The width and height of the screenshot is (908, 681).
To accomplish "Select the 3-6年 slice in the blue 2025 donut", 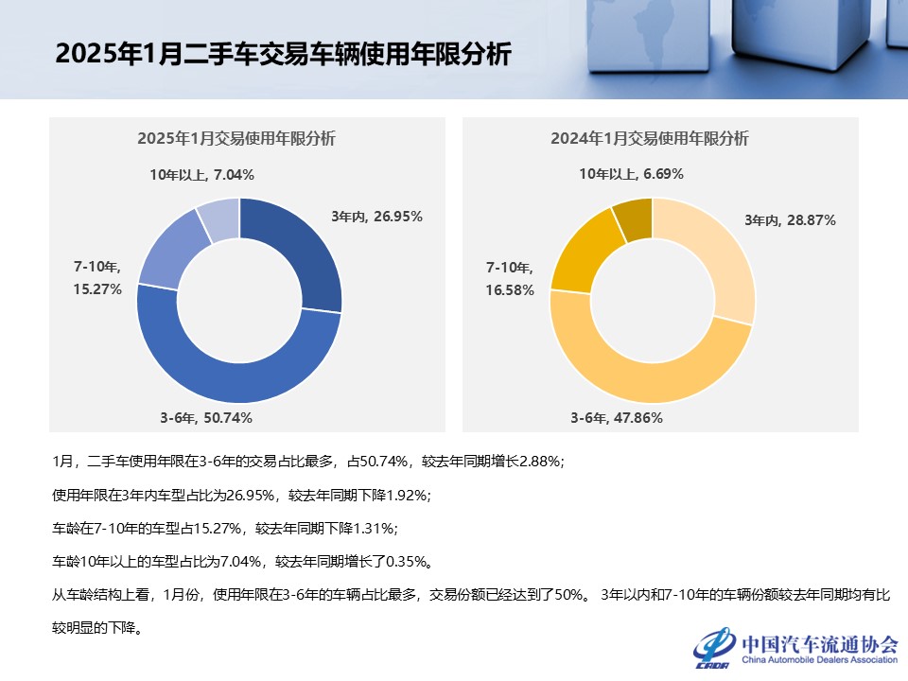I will point(236,378).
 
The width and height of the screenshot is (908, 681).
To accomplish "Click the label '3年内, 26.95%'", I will point(376,216).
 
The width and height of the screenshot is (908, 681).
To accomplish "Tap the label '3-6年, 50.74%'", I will point(205,417).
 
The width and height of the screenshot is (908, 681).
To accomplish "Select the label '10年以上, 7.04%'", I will point(201,174).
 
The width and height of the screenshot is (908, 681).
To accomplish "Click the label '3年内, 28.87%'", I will point(790,220).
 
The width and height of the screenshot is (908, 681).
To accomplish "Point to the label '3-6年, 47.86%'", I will point(617,417).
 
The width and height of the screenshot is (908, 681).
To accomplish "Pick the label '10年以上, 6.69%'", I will point(632,174).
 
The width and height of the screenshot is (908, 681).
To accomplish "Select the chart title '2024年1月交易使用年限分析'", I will point(650,139).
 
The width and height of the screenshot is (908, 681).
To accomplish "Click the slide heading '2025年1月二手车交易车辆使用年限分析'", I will point(283,55).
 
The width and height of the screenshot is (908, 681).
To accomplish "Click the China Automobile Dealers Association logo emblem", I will point(714,649).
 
